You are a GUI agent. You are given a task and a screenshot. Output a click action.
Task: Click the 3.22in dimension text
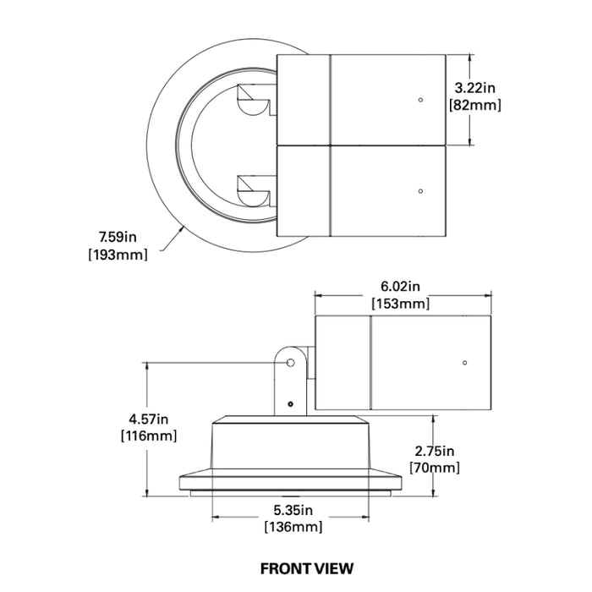click(x=474, y=88)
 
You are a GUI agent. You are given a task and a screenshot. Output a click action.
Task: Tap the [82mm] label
click(x=475, y=105)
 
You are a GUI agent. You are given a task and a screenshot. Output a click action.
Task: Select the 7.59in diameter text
click(x=118, y=237)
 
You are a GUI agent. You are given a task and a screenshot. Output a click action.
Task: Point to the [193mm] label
click(x=118, y=255)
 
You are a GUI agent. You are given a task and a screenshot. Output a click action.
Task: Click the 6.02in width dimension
click(x=400, y=286)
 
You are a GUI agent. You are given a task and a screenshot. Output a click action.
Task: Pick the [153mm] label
click(x=401, y=304)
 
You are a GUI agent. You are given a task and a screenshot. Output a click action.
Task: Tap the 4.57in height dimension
click(x=149, y=419)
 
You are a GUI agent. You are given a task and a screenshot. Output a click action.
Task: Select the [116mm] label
click(x=149, y=436)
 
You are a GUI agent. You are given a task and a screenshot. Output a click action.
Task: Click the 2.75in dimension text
click(x=435, y=451)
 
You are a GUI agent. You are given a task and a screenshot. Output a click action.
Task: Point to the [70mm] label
click(x=435, y=468)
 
